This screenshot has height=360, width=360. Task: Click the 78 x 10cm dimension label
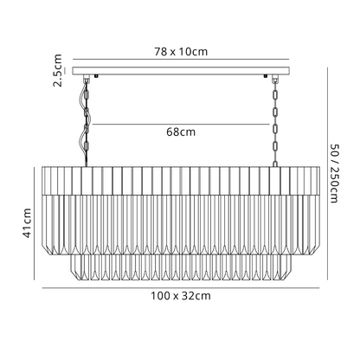coord(181,52)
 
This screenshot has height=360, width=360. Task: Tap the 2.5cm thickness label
coord(58,70)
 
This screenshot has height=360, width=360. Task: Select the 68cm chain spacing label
coord(181,132)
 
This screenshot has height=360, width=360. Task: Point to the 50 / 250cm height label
coord(335,174)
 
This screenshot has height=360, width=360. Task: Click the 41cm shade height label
coord(27,223)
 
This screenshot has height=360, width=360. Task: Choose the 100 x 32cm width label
coord(181,296)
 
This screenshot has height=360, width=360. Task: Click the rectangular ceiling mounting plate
coord(181,71)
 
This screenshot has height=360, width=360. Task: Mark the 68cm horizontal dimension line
coord(181,125)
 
